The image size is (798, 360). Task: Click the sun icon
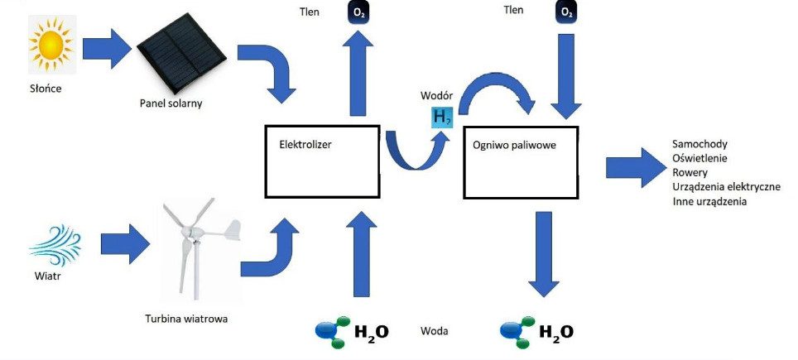coord(51,45)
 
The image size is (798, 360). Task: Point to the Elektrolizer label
coord(305,144)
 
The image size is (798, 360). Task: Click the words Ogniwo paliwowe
coord(514,145)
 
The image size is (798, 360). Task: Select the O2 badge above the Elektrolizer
coord(358,13)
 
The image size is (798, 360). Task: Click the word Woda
coord(434,331)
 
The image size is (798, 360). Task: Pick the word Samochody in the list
coord(699,144)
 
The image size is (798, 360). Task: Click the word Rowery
coord(690,172)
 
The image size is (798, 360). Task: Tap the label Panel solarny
coord(171,103)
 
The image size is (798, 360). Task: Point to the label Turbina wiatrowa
coord(186,319)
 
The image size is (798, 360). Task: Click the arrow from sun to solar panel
coord(106,49)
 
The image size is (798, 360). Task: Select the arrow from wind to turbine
coord(125,244)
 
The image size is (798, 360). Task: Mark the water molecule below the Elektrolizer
coord(334,332)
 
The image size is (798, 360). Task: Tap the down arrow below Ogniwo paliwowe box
coord(544,254)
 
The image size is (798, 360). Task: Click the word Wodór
coord(436,96)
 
